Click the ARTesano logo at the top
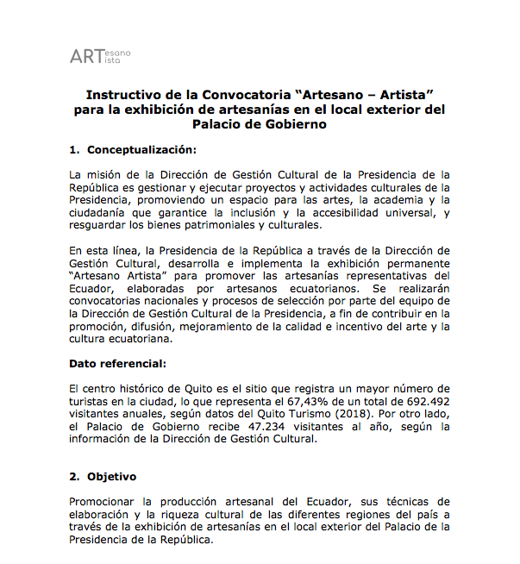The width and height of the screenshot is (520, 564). click(100, 57)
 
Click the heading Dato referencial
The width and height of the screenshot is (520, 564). click(118, 363)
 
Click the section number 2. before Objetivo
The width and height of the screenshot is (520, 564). click(74, 476)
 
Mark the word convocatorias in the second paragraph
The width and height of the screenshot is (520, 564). click(110, 301)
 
